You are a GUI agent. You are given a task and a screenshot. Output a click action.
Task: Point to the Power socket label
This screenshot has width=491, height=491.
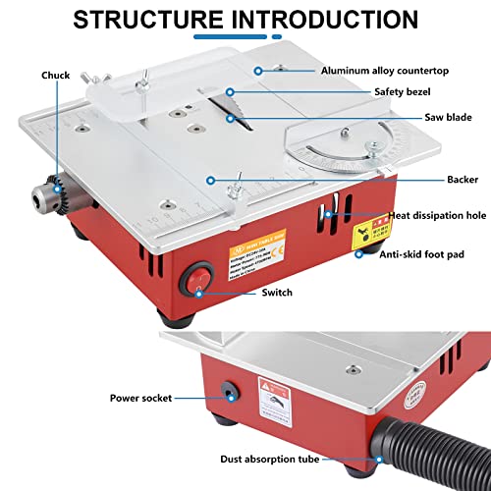[x=139, y=398]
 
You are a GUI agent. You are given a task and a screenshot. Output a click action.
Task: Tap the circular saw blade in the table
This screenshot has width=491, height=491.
[x=227, y=114]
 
